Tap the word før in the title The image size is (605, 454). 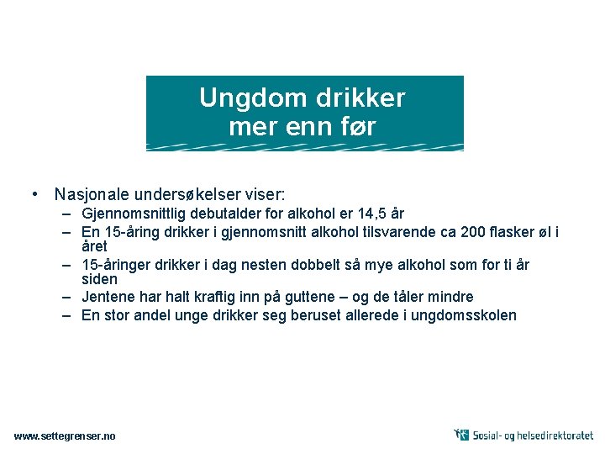click(357, 127)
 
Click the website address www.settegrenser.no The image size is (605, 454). click(65, 436)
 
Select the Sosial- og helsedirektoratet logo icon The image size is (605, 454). click(461, 435)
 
